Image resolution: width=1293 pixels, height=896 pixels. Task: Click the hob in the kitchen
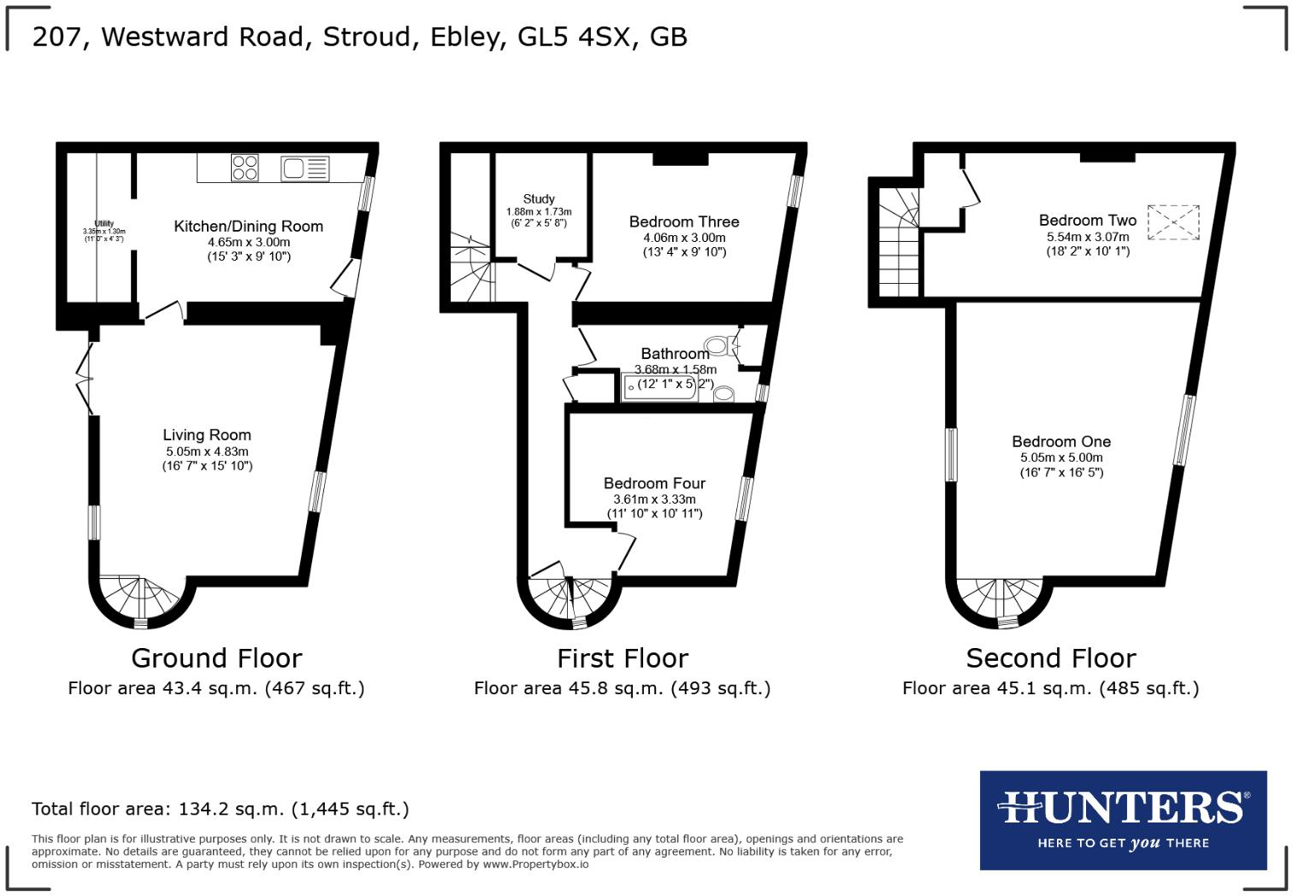245,168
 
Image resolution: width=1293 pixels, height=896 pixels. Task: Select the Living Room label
207,435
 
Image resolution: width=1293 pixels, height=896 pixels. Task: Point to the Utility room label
104,224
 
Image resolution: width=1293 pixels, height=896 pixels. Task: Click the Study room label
539,198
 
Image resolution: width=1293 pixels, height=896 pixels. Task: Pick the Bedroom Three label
684,221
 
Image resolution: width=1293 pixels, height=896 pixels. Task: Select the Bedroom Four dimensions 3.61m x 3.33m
654,499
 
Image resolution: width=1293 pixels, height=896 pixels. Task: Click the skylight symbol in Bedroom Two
1172,222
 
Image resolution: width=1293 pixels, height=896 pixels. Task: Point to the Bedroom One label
1061,442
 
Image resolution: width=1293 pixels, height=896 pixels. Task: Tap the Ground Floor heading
216,658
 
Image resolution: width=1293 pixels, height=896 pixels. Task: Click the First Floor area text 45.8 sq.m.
622,688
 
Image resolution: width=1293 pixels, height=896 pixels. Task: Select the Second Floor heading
1050,658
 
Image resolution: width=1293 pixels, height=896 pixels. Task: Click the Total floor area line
221,809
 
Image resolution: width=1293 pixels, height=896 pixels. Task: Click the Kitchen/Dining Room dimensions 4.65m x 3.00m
249,242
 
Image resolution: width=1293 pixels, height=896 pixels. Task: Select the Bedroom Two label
1087,221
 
